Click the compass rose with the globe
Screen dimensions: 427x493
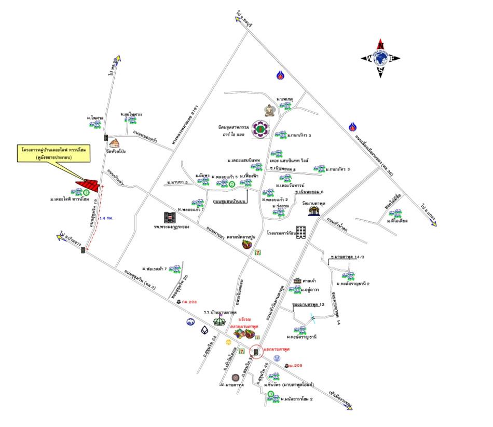click(x=380, y=58)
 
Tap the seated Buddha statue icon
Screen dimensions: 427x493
click(x=270, y=110)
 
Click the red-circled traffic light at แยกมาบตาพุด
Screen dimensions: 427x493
click(x=256, y=352)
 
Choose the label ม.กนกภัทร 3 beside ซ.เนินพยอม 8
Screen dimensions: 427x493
click(x=338, y=169)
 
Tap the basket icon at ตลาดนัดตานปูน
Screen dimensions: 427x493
click(x=249, y=245)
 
